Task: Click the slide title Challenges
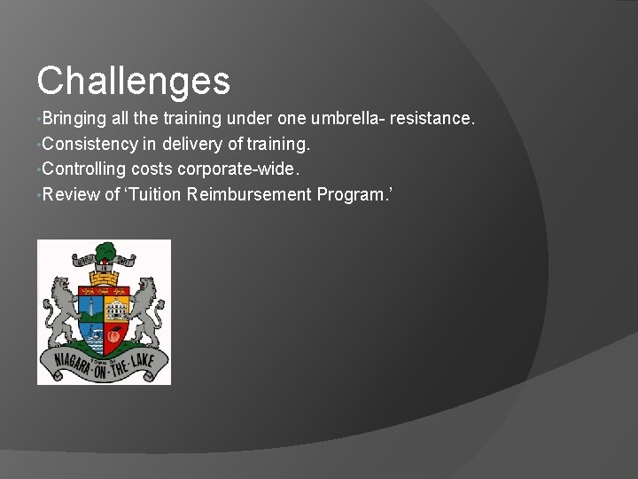(133, 81)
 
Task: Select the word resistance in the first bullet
(438, 118)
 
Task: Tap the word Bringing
(74, 118)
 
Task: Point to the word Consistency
(88, 144)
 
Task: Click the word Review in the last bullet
(70, 193)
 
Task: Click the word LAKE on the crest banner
(142, 365)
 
